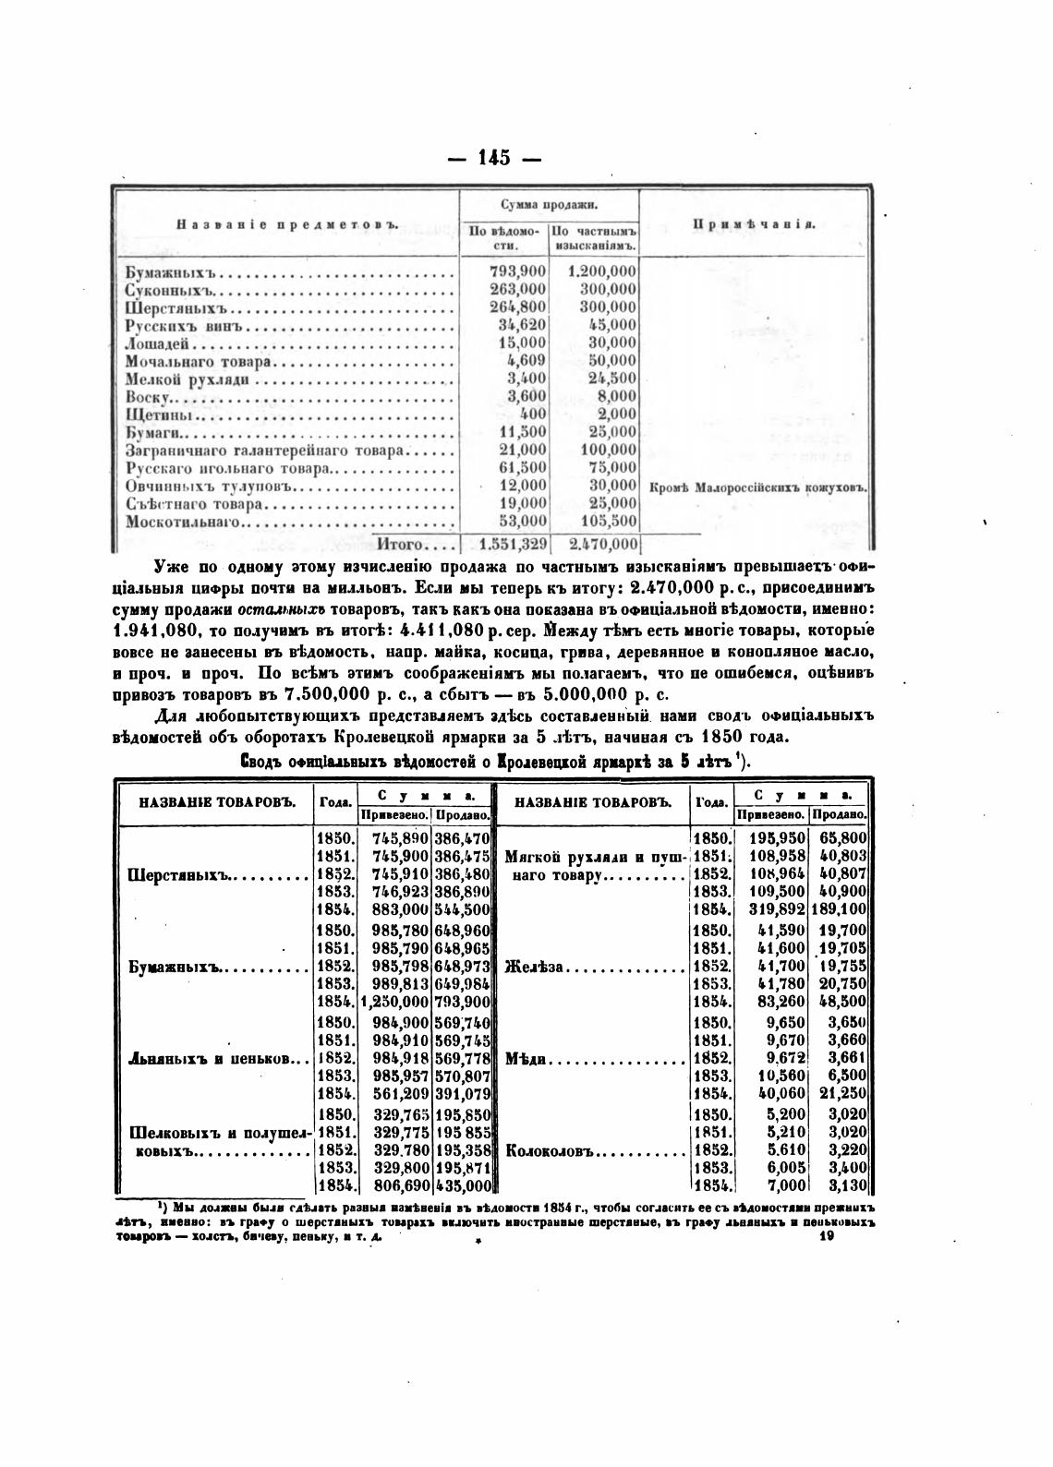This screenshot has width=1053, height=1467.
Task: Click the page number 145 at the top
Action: [x=494, y=158]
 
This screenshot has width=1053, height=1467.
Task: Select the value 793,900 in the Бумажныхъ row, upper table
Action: [x=517, y=271]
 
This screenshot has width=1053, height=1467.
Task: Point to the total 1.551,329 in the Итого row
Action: [x=507, y=545]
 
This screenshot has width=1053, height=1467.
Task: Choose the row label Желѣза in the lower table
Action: [x=537, y=968]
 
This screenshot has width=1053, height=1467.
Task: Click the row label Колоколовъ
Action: [x=551, y=1151]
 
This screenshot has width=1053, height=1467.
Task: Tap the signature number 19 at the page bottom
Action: [x=827, y=1243]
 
